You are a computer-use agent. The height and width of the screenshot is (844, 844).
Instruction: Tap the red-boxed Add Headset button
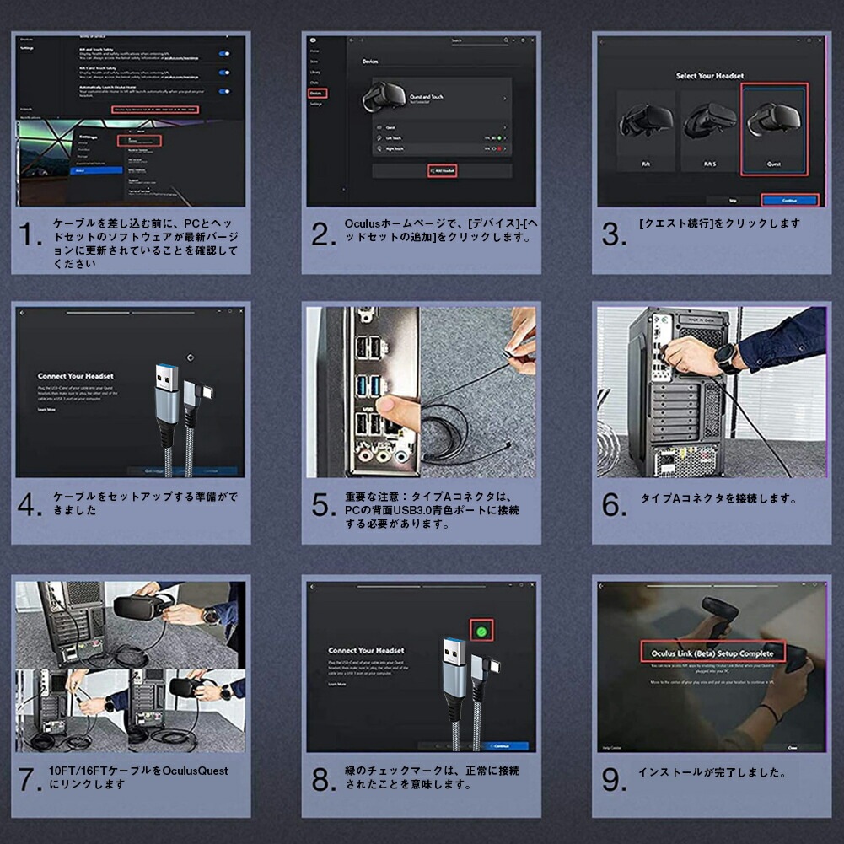click(442, 170)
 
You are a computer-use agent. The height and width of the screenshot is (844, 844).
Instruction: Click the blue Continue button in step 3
click(789, 201)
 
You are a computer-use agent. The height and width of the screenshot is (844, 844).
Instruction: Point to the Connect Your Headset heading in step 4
click(75, 376)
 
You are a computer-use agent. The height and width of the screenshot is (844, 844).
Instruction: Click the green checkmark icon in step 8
click(482, 631)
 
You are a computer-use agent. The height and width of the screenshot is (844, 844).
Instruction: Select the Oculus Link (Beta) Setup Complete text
click(712, 652)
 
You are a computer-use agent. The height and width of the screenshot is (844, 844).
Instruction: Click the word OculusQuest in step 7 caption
click(195, 771)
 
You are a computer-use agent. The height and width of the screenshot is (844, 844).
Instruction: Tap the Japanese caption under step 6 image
click(718, 498)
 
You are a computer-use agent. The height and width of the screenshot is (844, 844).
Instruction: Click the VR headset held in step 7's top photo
click(139, 606)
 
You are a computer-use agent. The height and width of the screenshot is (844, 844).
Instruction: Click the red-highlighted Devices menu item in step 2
click(317, 93)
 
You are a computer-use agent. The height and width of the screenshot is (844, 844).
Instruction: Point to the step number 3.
click(614, 235)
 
